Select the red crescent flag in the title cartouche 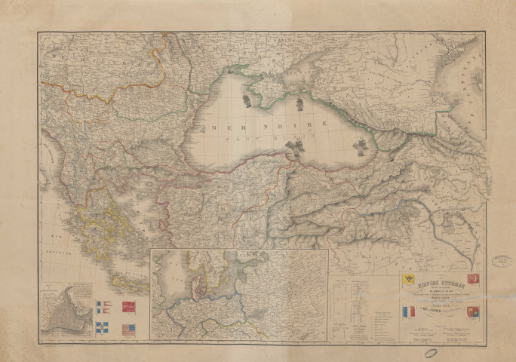[x=473, y=278]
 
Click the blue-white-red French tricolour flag [x=407, y=311]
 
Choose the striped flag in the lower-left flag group [x=129, y=329]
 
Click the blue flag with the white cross [x=103, y=329]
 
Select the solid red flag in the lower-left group [x=129, y=306]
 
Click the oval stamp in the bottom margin [x=432, y=353]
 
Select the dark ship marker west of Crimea [x=246, y=98]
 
